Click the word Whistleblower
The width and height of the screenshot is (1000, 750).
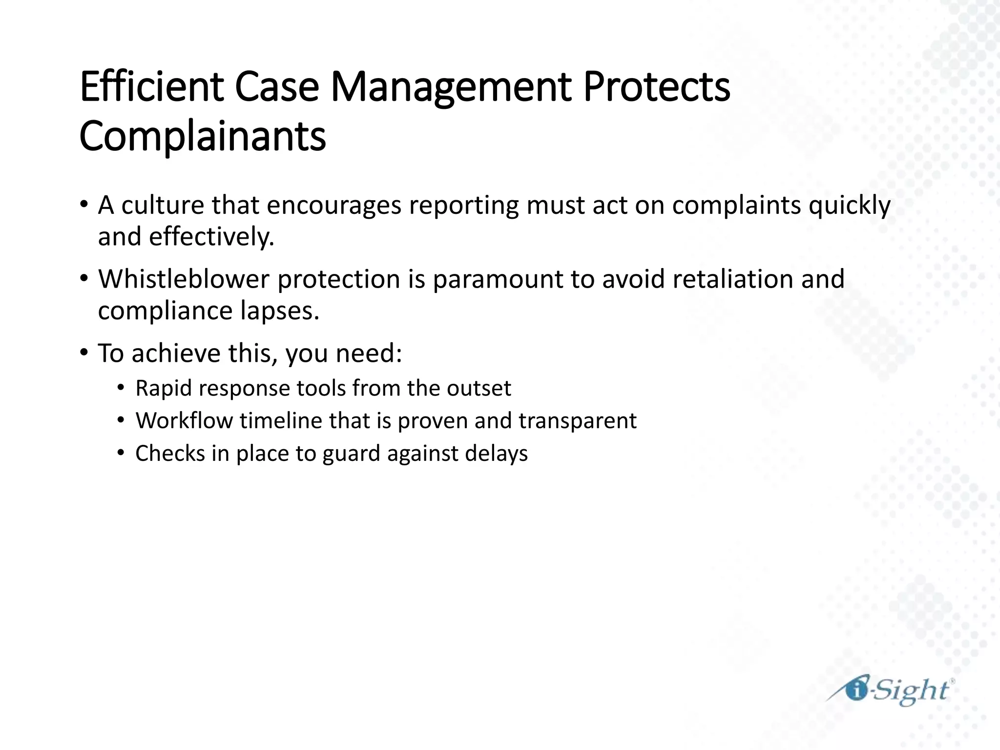click(184, 279)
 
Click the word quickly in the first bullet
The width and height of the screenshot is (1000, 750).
click(850, 206)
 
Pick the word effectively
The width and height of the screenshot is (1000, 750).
click(211, 237)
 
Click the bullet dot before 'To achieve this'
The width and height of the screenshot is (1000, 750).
click(84, 352)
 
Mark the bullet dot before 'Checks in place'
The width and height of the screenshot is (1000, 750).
click(121, 453)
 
